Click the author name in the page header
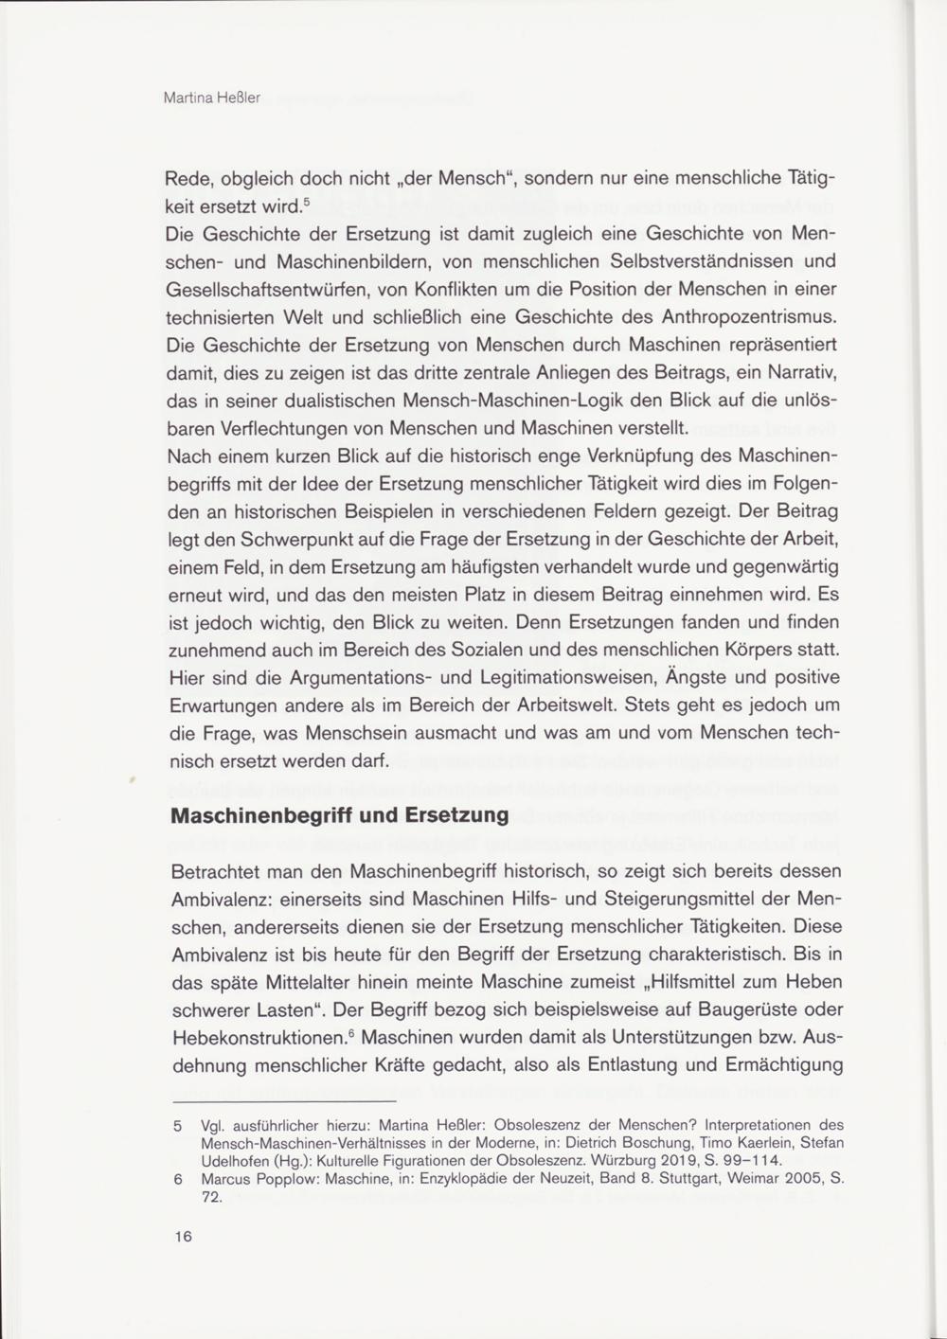click(212, 98)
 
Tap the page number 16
click(183, 1236)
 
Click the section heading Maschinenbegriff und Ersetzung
click(339, 815)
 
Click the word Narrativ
click(797, 373)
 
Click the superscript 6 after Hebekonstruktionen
click(351, 1031)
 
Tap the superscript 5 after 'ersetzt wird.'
click(307, 201)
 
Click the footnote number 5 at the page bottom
click(177, 1126)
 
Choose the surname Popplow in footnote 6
click(286, 1180)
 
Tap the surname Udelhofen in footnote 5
click(238, 1160)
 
